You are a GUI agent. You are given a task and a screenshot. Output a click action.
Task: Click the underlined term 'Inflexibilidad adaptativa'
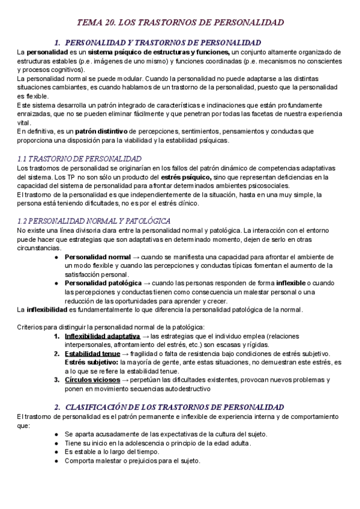[102, 336]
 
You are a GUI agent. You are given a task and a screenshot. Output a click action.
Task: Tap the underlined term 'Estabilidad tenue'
[91, 354]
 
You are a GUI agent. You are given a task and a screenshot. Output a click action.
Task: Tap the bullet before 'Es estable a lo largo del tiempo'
[56, 451]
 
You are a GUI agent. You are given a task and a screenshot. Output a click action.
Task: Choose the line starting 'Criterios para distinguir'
[110, 327]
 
